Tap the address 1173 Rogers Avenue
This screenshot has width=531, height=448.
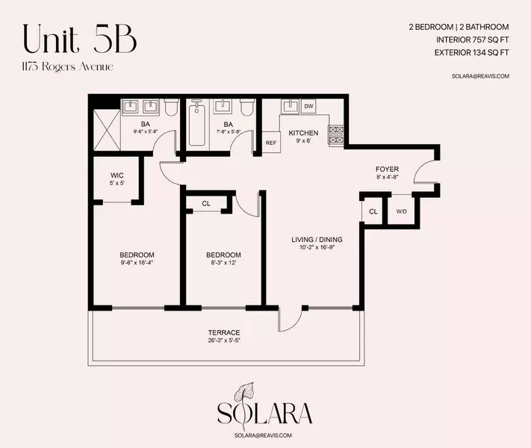point(68,67)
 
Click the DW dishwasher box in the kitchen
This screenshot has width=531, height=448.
point(308,107)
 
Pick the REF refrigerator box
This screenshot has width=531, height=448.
point(270,142)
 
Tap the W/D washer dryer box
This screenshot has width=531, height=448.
point(401,211)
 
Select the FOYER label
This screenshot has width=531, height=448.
point(387,169)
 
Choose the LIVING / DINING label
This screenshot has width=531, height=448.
point(317,240)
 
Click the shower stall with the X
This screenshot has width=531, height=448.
point(110,129)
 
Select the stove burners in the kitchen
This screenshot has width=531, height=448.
point(337,134)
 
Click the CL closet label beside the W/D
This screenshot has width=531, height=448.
point(373,211)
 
